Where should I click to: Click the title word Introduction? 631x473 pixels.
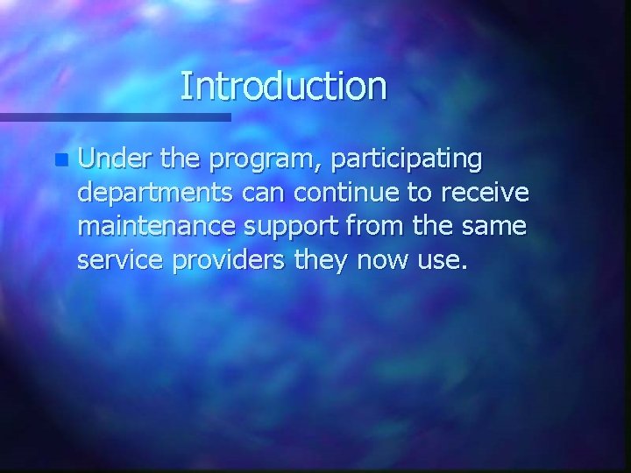[283, 86]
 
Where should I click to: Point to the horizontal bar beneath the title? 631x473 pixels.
[115, 116]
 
